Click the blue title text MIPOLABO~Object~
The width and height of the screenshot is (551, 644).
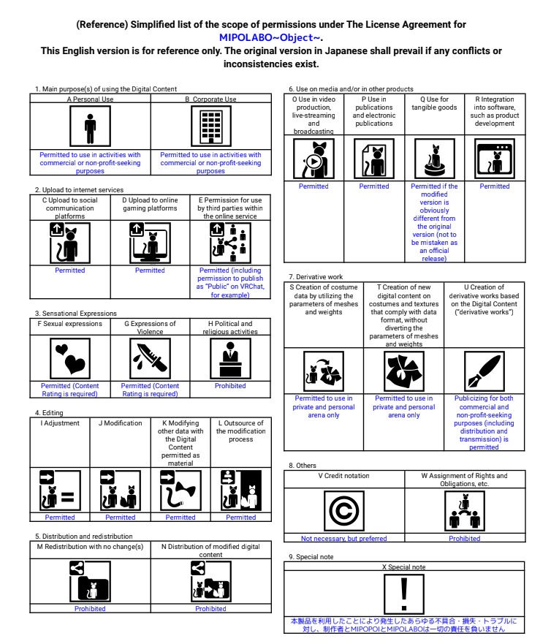pos(271,37)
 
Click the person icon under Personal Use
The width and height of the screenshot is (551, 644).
pos(90,128)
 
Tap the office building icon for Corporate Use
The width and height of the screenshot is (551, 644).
pos(210,128)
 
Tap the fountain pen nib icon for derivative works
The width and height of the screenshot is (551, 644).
pos(484,371)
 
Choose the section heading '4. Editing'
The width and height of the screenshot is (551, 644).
pos(49,413)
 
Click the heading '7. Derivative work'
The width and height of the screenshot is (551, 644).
pos(316,277)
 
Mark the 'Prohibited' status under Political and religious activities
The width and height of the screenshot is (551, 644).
pos(230,386)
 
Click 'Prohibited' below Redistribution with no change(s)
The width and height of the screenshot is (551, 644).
pos(90,608)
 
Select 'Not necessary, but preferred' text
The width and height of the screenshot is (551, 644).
pos(343,539)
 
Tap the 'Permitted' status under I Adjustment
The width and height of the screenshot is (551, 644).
pos(60,518)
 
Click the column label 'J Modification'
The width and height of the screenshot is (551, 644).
pos(120,423)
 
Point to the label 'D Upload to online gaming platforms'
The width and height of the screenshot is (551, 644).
pos(150,204)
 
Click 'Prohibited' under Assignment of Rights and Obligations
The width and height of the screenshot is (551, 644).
pos(465,539)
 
